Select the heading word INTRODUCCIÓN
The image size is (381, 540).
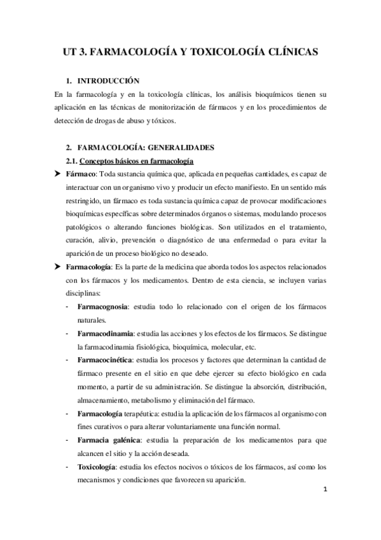pyautogui.click(x=107, y=82)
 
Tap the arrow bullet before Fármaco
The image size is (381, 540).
pyautogui.click(x=59, y=174)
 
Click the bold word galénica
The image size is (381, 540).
pyautogui.click(x=125, y=440)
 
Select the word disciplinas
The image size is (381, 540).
pyautogui.click(x=85, y=294)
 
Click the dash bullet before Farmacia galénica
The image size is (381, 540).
pyautogui.click(x=68, y=440)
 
